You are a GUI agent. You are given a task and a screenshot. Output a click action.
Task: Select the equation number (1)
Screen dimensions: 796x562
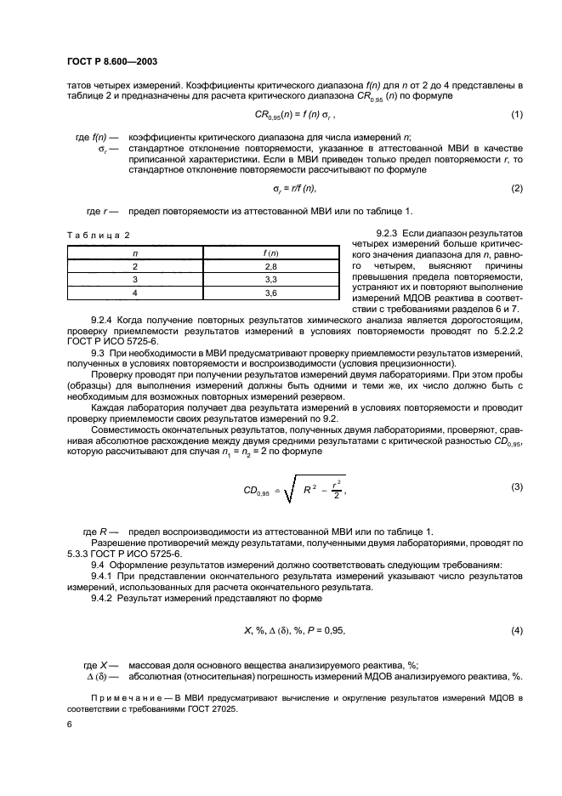point(516,115)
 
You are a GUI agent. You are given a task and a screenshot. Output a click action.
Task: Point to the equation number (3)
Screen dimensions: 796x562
point(516,486)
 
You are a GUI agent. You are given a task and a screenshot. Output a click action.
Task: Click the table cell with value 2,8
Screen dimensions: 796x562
point(272,266)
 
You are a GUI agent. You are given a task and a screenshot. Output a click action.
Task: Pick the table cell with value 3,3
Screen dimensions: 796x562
point(272,279)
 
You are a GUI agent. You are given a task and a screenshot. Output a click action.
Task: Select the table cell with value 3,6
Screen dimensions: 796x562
point(272,293)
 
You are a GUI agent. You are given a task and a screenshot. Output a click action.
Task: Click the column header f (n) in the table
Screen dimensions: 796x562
point(272,253)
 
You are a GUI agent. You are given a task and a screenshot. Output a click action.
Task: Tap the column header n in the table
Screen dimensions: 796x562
point(135,253)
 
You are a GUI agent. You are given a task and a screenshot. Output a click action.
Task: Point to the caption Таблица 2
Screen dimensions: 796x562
point(99,236)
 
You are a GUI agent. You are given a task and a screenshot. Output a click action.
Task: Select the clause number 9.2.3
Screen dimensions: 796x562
point(389,233)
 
